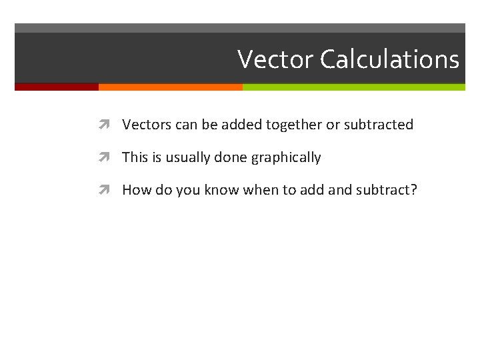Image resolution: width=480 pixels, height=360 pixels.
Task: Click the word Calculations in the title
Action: point(389,59)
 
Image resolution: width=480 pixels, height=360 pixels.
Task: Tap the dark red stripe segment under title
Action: point(57,87)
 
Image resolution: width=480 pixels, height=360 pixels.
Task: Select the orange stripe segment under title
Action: point(170,87)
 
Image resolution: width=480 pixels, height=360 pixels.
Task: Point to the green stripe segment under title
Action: point(353,87)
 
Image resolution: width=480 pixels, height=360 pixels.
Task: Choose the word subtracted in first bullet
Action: point(378,125)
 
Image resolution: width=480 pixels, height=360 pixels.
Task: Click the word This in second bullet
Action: point(135,157)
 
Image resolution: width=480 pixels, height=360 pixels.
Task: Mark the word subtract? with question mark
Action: point(386,190)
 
